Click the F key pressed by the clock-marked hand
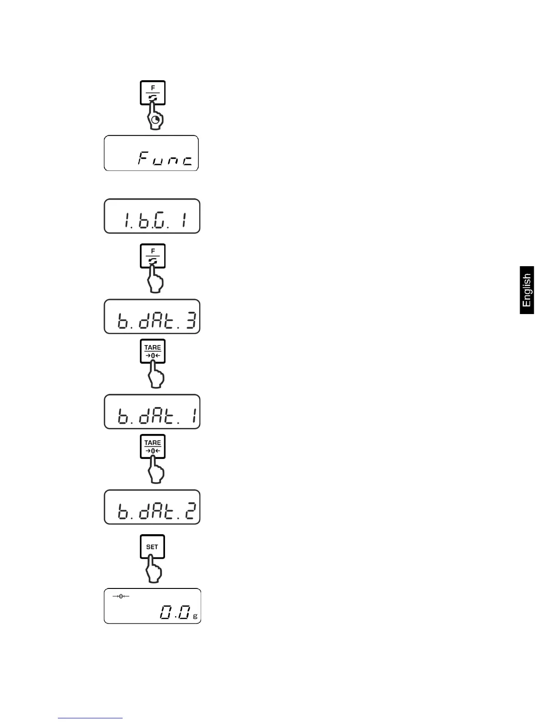point(152,93)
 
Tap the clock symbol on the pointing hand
point(156,120)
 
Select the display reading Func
point(151,153)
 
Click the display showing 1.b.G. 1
point(152,216)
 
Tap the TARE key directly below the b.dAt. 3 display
point(152,351)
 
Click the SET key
point(152,547)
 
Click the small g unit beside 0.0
point(195,616)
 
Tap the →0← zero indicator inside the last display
point(121,597)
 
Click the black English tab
point(527,290)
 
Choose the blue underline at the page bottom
point(90,718)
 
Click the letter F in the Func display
point(144,159)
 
